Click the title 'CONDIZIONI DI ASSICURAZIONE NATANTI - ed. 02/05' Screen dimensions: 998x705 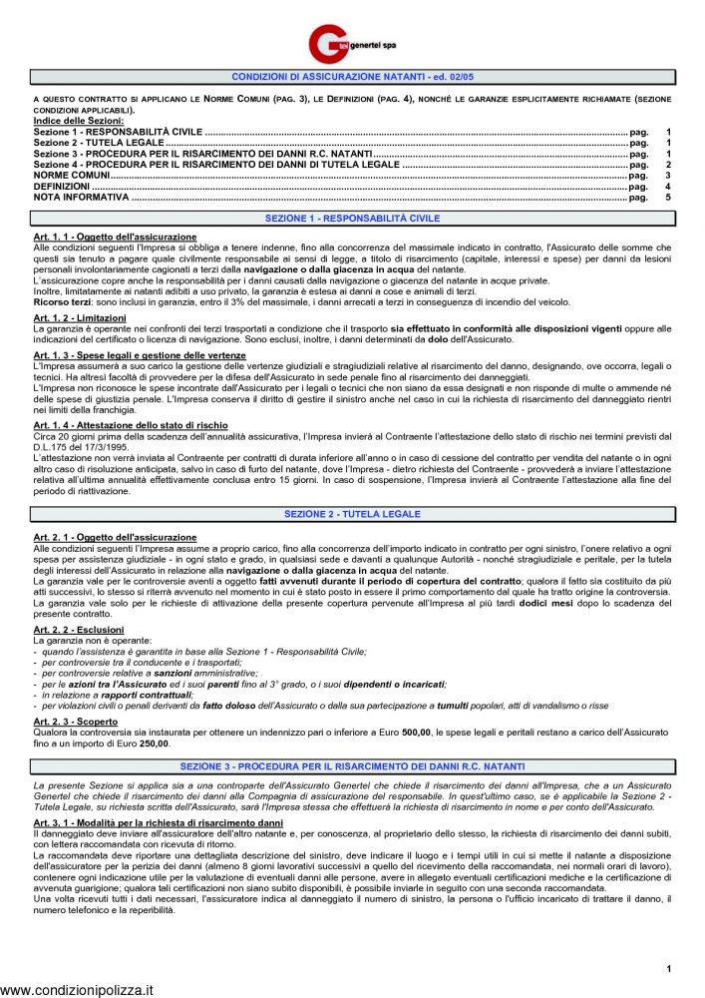[x=352, y=77]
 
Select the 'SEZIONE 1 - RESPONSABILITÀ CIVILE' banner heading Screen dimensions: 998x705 [x=352, y=218]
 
